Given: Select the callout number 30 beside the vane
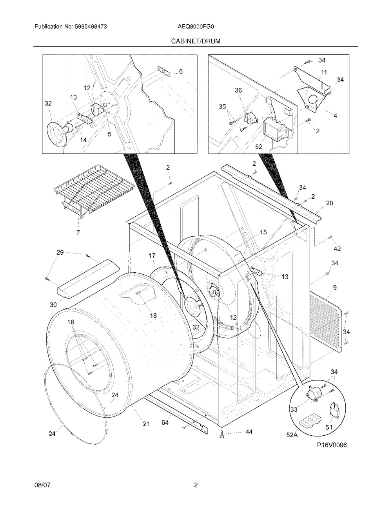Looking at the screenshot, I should click(53, 304).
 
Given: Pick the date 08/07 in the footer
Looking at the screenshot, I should click(42, 485).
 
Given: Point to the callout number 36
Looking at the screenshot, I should click(238, 90).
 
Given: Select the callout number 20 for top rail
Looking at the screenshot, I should click(329, 203).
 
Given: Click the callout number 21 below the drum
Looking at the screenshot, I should click(146, 423).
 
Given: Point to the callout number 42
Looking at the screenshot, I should click(337, 248).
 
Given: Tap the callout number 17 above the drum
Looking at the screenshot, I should click(152, 255).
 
